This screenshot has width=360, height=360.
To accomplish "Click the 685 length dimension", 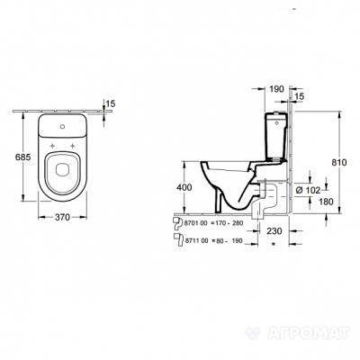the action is [x=23, y=157].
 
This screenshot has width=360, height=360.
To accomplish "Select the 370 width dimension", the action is [x=62, y=217].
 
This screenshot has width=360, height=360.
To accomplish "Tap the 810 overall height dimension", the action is [x=339, y=162].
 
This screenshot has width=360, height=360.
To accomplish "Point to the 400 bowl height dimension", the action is [x=184, y=187].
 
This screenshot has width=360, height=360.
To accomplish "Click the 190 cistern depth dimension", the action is [x=276, y=89].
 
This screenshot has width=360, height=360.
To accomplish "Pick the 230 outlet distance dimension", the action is [x=274, y=231].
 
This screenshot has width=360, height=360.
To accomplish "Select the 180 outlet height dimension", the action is [x=326, y=202].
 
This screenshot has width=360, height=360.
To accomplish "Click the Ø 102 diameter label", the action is [x=308, y=190].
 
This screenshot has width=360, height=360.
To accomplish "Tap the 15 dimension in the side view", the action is [x=300, y=96].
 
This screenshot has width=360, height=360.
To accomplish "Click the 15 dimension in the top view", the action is [x=111, y=103].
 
